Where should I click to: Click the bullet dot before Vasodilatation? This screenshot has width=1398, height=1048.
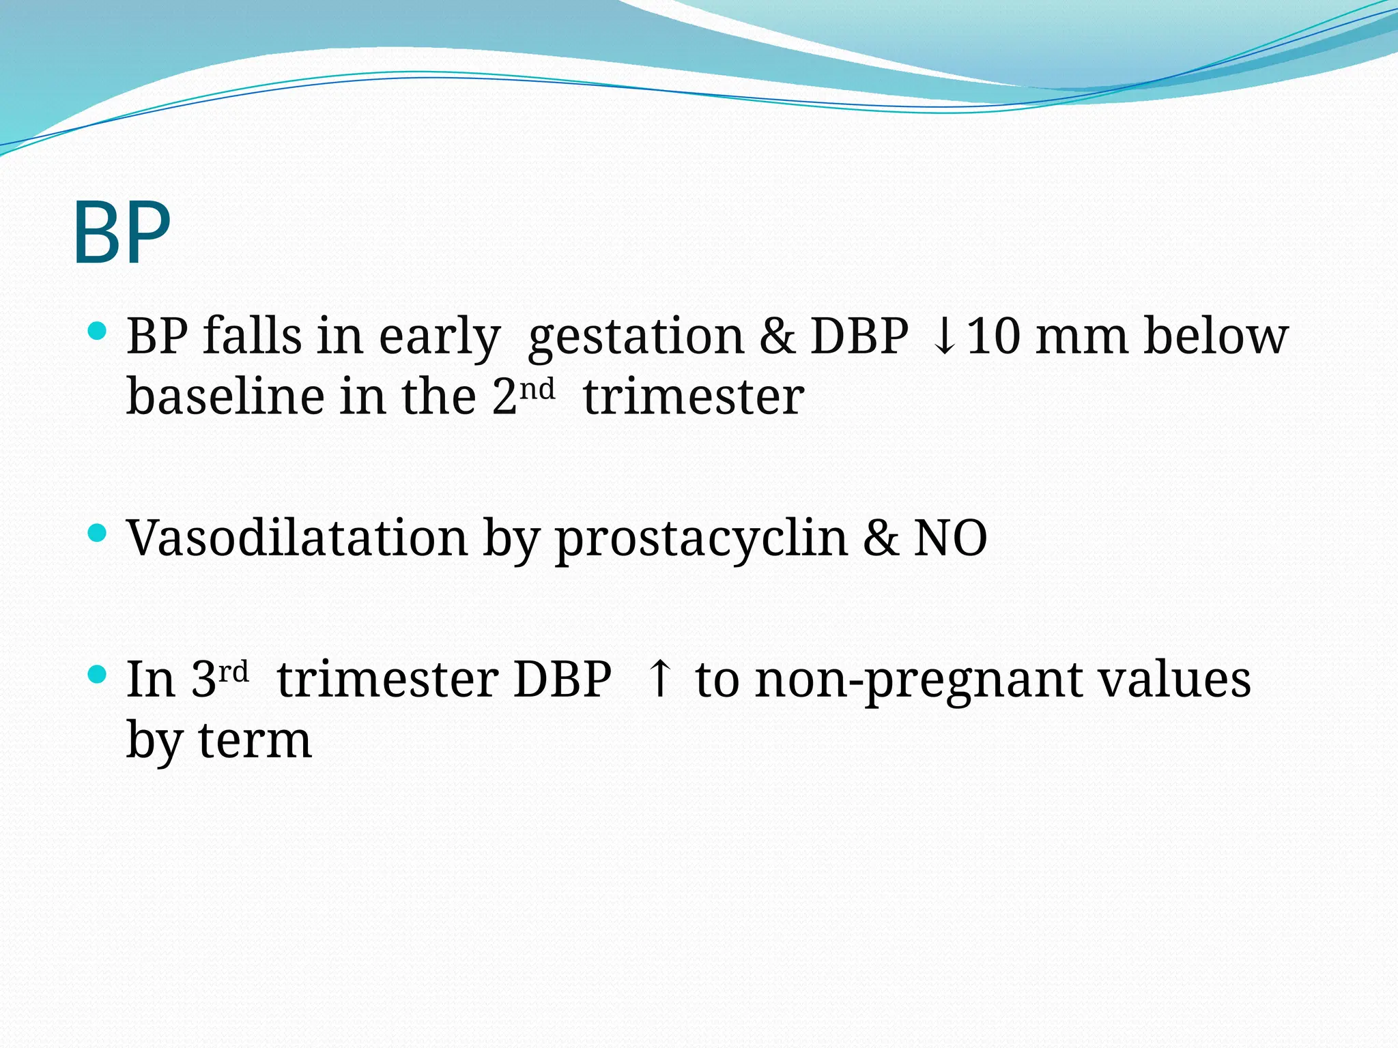tap(98, 533)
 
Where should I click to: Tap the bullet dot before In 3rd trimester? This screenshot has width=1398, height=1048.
tap(98, 675)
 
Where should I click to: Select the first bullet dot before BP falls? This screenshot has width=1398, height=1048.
tap(98, 332)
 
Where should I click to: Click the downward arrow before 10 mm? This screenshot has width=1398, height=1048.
tap(944, 337)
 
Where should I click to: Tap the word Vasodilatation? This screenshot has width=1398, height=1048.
tap(297, 538)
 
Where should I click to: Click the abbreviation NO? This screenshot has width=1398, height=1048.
tap(950, 538)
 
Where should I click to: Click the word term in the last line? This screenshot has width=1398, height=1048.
tap(255, 741)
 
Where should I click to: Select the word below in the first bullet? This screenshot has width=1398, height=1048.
tap(1216, 336)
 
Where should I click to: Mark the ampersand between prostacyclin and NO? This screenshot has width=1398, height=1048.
tap(881, 538)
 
